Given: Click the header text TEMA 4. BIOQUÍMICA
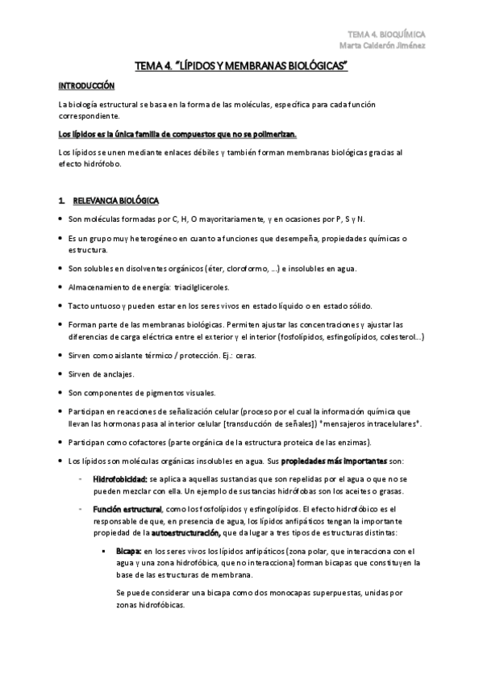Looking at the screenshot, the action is (x=386, y=34).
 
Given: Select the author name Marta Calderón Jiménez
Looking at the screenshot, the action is (x=386, y=44).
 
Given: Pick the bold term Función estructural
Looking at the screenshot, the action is (x=127, y=509).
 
